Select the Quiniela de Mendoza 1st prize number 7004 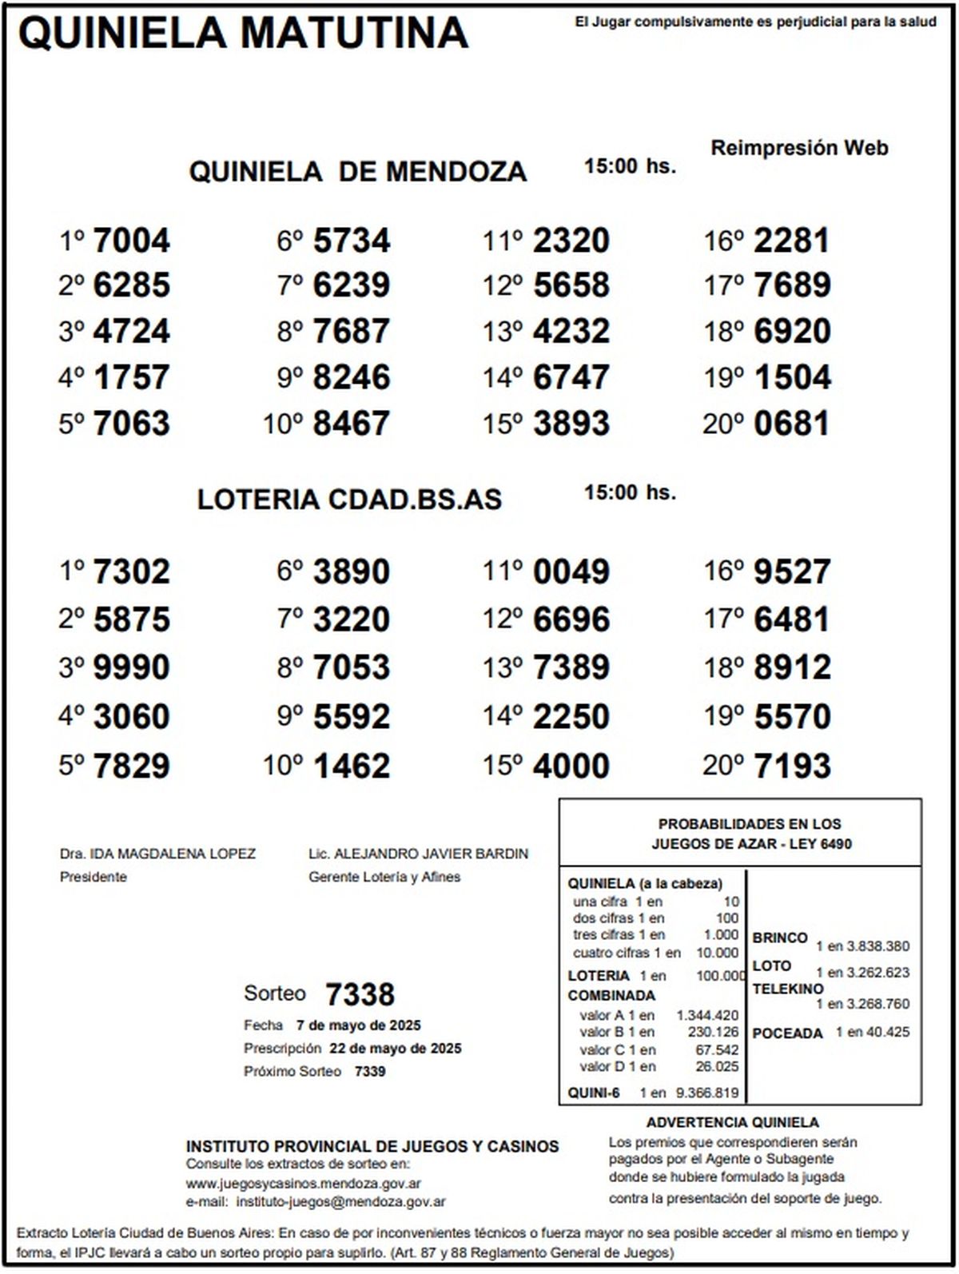132,241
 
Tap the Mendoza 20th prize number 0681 792,424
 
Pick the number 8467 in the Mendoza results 352,424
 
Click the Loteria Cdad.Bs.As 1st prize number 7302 132,572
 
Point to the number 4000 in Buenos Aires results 571,766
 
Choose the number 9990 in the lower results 132,668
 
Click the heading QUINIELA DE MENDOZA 357,172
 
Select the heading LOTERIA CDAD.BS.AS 349,500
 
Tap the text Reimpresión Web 799,148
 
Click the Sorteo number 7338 360,995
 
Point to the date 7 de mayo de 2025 358,1025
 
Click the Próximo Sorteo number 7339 370,1072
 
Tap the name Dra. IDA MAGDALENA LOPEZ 157,854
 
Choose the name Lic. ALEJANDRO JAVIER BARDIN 418,854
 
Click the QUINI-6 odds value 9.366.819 707,1093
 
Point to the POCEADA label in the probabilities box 787,1033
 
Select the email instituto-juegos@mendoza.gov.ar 341,1201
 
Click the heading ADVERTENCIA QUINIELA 732,1122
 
